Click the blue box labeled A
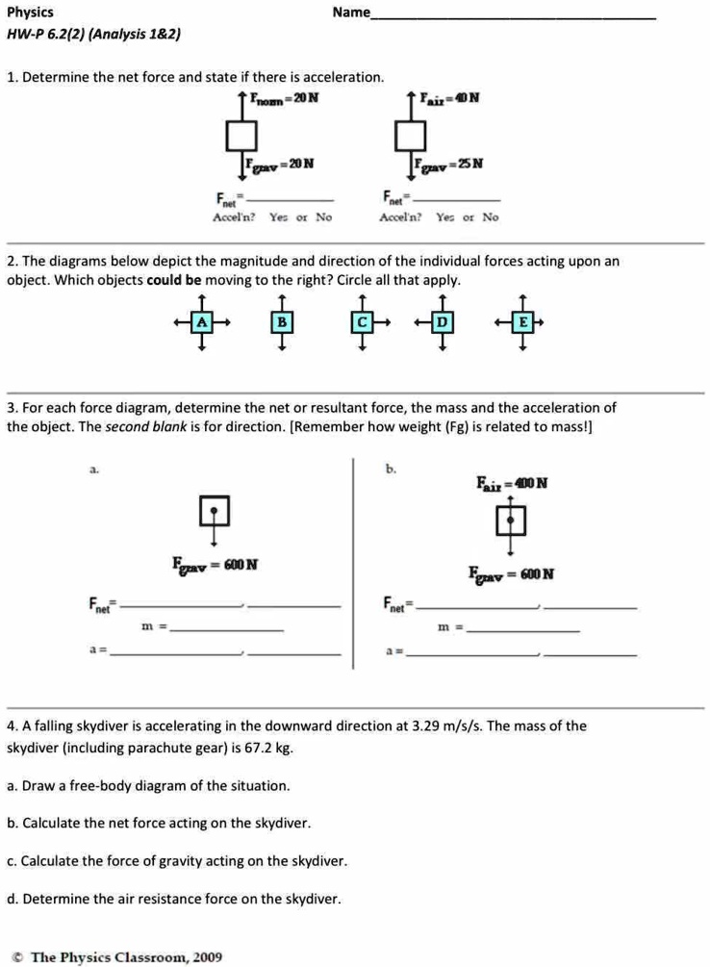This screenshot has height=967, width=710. coord(202,322)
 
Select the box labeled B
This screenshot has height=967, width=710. coord(282,322)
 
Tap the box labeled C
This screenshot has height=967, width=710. coord(362,322)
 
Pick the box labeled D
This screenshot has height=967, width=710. coord(442,322)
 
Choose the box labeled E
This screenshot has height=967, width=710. coord(521,322)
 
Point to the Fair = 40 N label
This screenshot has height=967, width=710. coord(450,98)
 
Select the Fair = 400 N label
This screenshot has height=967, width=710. coord(511,483)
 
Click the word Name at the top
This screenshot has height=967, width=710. coord(351,13)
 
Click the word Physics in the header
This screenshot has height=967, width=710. coord(30,13)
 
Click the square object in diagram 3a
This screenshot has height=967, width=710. coord(215,509)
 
